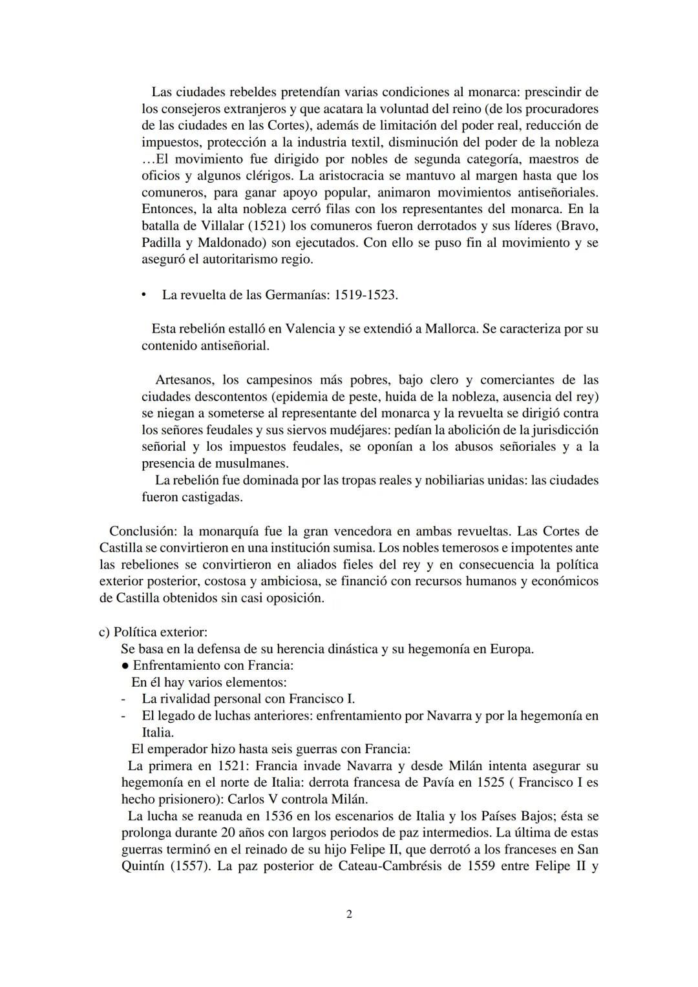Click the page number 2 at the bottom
(349, 914)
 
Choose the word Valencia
(310, 329)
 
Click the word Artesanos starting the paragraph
(188, 380)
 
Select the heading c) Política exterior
(153, 632)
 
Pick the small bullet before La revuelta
(144, 295)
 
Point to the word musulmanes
(252, 464)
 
